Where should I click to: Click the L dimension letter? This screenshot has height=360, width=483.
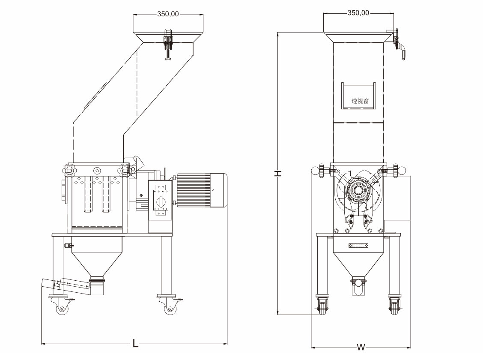[x=135, y=344]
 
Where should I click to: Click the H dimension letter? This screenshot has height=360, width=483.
[x=278, y=173]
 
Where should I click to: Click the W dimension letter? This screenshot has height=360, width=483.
[x=361, y=348]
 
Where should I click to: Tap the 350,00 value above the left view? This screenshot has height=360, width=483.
[x=168, y=14]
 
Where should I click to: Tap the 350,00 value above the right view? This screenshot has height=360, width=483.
[x=358, y=13]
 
